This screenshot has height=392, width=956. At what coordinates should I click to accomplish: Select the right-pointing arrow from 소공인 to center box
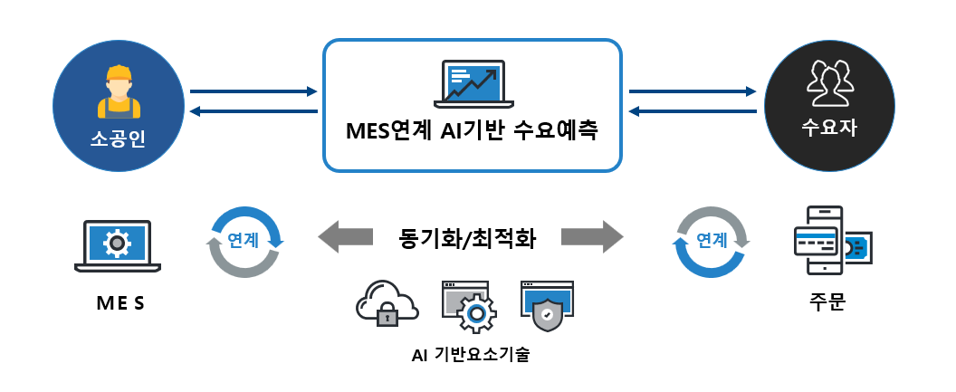[253, 91]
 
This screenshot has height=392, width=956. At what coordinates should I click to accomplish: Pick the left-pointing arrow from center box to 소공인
[253, 111]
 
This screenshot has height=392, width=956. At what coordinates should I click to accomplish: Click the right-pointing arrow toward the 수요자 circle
[693, 91]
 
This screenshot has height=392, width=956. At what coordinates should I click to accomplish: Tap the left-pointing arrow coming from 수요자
[693, 111]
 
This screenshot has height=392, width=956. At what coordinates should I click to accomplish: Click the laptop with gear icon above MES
[116, 244]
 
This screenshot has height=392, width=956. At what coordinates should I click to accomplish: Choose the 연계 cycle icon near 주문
[712, 242]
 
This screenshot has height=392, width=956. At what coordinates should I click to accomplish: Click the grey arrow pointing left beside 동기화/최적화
[345, 238]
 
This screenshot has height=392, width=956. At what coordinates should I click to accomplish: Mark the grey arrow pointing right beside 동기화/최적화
[592, 238]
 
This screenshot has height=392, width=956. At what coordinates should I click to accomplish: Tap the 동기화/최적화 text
[468, 239]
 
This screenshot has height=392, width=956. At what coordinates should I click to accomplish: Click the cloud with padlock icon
[387, 303]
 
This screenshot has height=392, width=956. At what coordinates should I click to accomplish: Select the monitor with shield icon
[547, 303]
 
